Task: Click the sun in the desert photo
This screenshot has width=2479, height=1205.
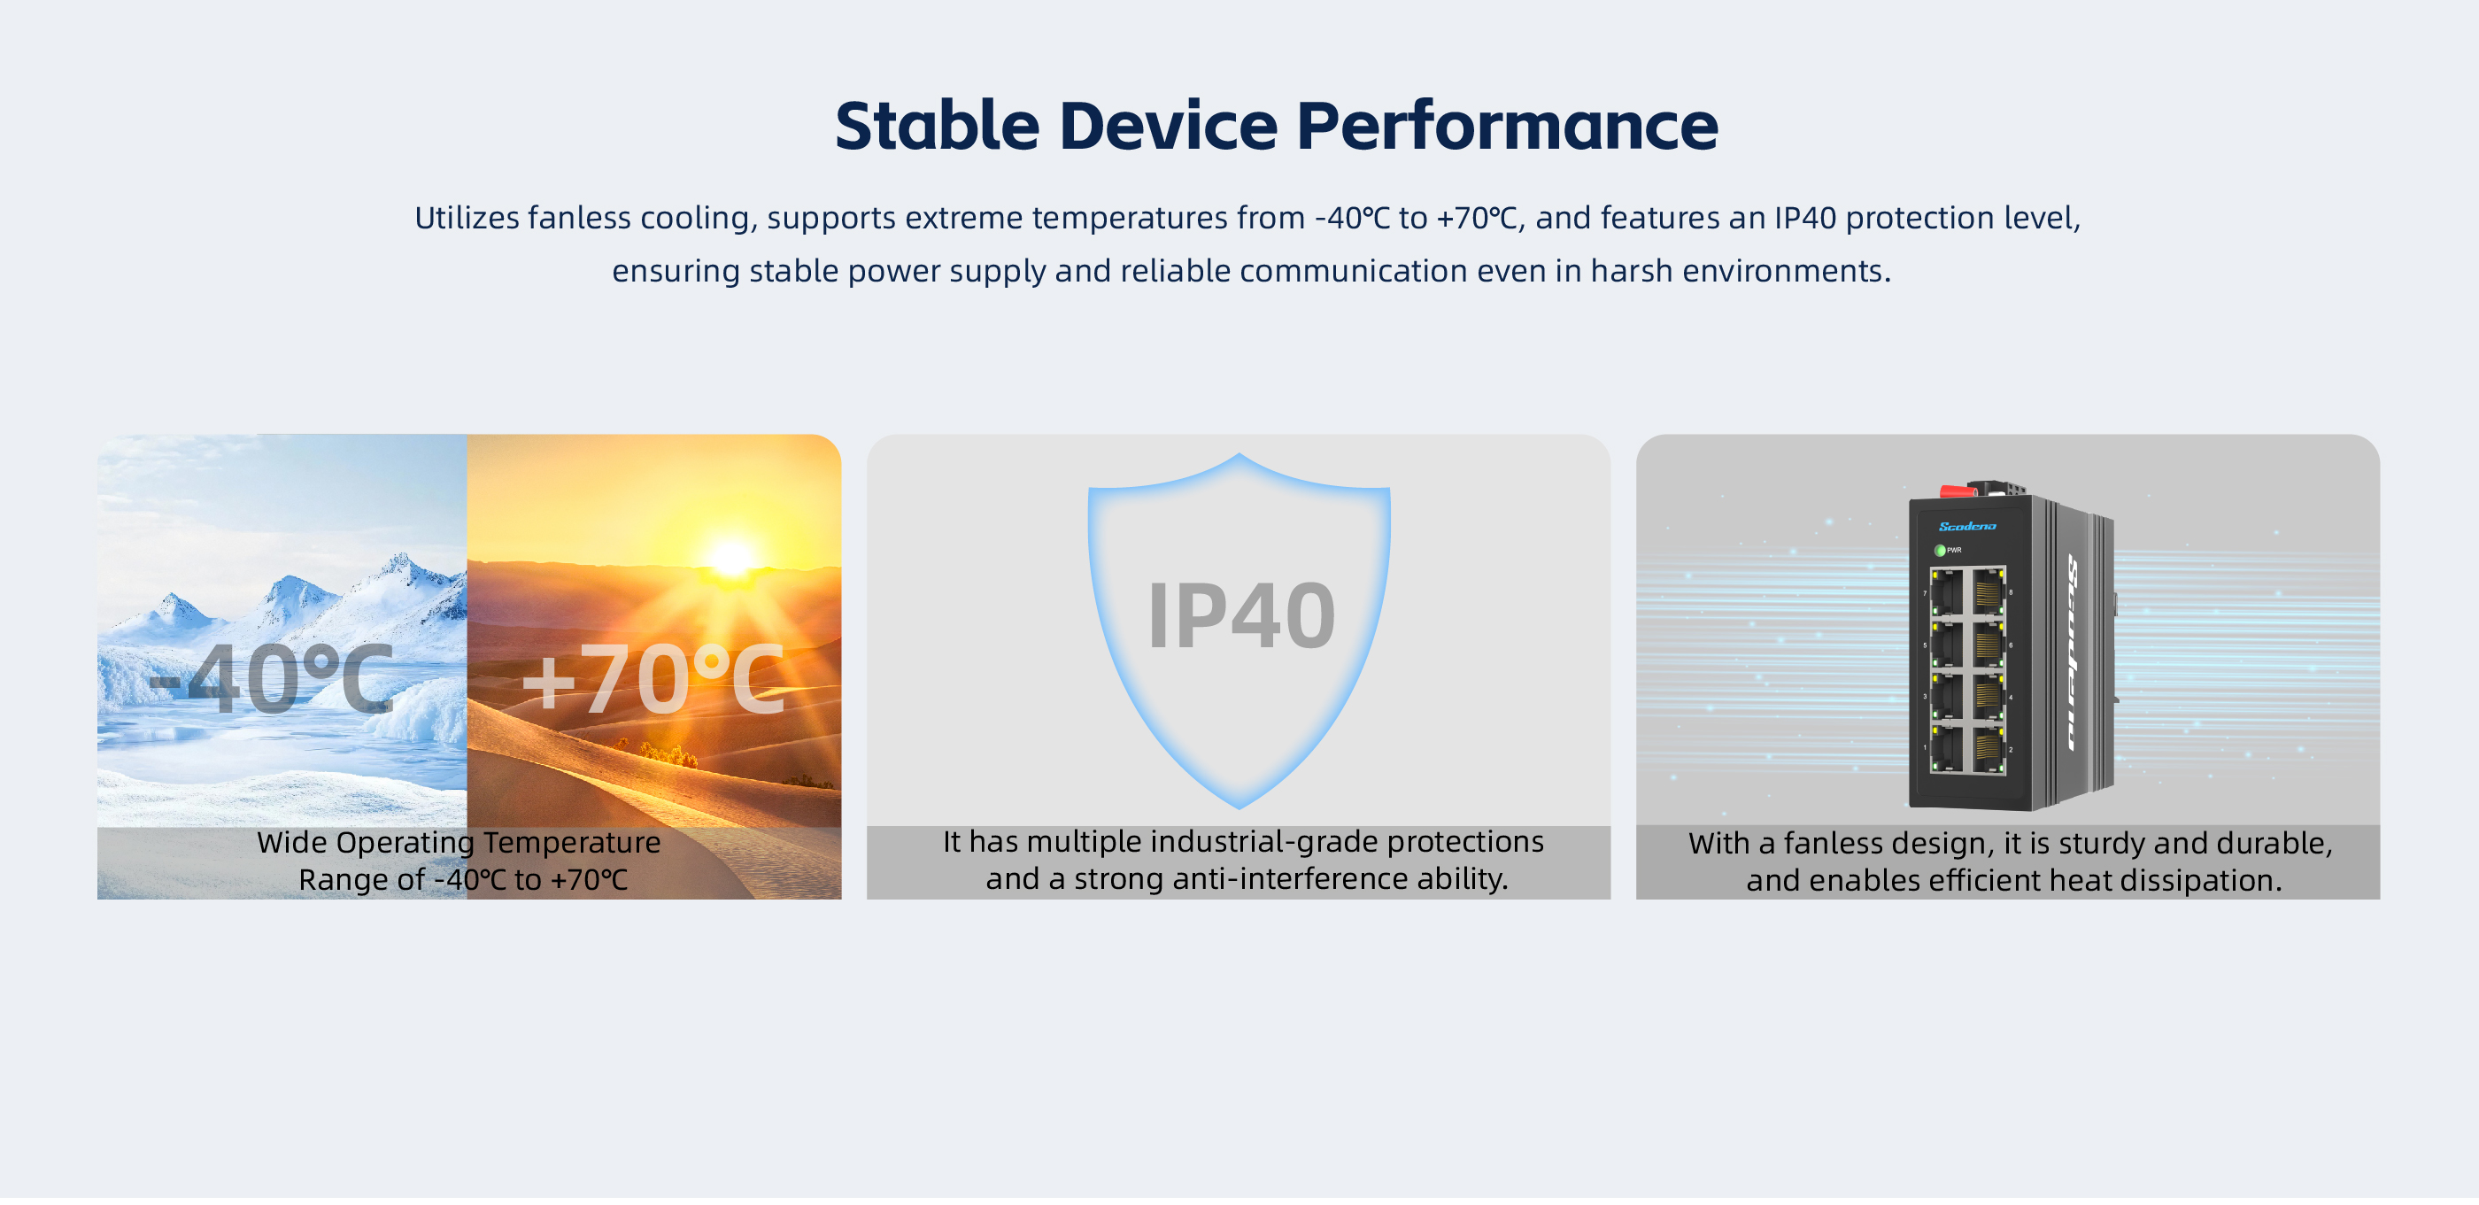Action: click(x=730, y=557)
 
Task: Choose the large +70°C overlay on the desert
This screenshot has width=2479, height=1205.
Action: click(x=653, y=679)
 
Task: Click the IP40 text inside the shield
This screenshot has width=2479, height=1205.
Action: click(x=1240, y=616)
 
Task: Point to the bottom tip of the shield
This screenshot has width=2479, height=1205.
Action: click(x=1239, y=807)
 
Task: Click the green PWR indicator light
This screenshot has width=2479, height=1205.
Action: click(x=1940, y=551)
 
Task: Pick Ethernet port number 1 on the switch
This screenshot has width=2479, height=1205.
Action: click(x=1947, y=749)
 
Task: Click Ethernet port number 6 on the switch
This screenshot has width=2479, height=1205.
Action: click(x=1989, y=644)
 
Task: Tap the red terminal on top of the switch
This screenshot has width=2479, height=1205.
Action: click(x=1958, y=491)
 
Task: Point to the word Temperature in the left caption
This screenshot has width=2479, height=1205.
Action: click(x=572, y=843)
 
